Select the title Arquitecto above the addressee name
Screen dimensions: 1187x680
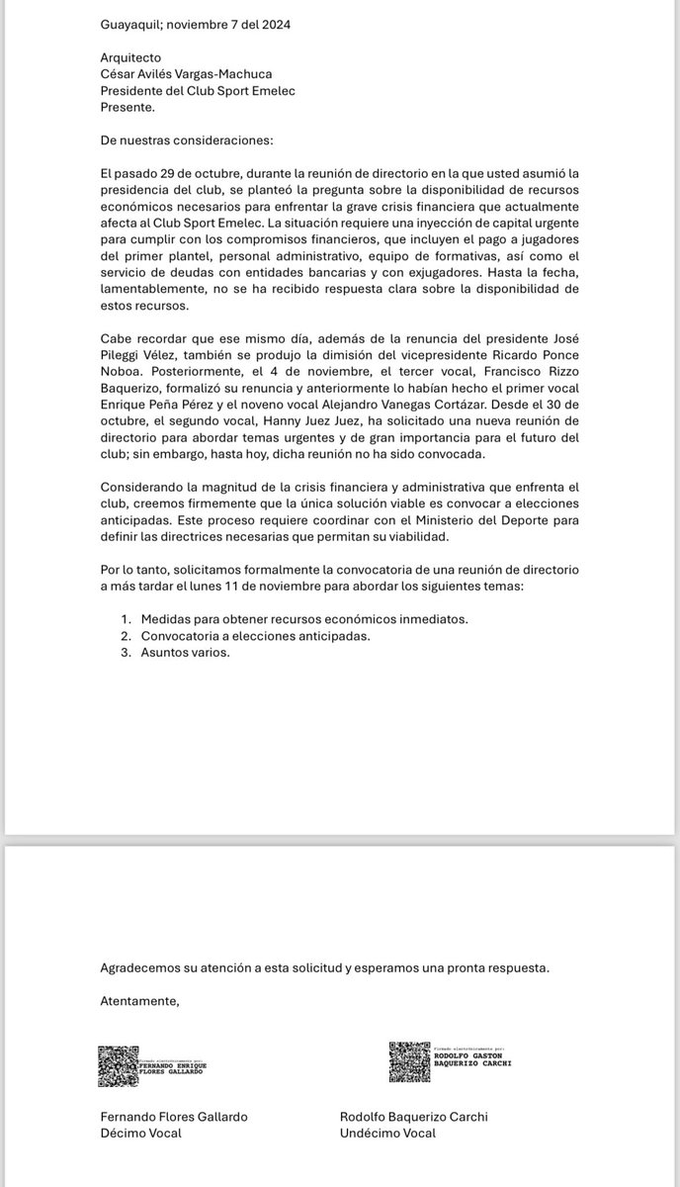[130, 57]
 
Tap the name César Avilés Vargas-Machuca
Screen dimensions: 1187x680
[192, 74]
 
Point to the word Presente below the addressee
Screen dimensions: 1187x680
[127, 107]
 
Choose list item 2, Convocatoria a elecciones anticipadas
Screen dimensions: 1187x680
[255, 635]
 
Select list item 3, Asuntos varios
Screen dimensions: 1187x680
[185, 652]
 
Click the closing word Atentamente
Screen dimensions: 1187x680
[139, 1001]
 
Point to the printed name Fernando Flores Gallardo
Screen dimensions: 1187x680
[174, 1116]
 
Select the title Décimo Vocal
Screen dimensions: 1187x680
[140, 1133]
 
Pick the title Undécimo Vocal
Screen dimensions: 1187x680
[387, 1133]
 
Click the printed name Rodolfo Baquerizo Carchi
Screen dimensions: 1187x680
[413, 1116]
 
